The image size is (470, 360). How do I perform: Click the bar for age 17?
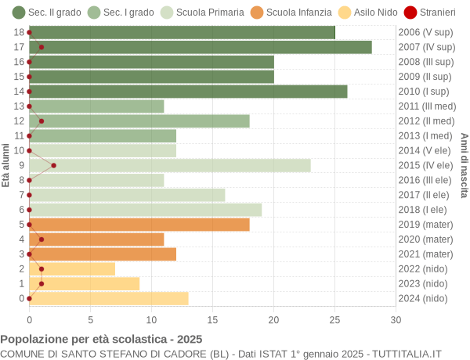click(x=201, y=47)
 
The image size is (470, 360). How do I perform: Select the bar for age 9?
click(x=170, y=165)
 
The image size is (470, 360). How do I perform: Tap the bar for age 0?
click(x=109, y=298)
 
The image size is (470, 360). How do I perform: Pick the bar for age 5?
click(x=139, y=225)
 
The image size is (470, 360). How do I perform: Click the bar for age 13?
click(x=96, y=106)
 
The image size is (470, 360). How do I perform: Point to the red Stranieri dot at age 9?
click(x=53, y=165)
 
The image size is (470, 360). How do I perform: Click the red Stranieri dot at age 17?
click(x=42, y=47)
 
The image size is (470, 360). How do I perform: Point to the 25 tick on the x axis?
click(x=334, y=319)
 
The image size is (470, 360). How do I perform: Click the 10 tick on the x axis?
click(x=151, y=319)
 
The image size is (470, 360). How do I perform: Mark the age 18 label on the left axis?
click(x=19, y=32)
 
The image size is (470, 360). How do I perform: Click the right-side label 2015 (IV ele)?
click(x=425, y=165)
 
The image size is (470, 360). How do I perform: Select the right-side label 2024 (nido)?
click(x=422, y=298)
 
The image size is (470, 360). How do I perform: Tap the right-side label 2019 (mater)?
click(x=425, y=225)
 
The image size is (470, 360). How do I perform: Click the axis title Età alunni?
click(x=6, y=165)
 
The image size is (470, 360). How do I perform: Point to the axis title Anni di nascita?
click(x=464, y=165)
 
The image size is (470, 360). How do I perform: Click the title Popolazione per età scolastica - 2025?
click(x=101, y=340)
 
